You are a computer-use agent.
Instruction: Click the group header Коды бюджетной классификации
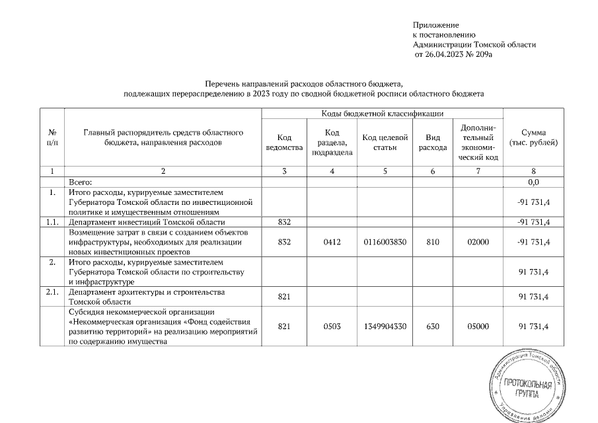(x=382, y=114)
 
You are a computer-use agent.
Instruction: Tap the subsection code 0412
(x=332, y=243)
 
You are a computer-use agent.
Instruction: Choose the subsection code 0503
(x=332, y=327)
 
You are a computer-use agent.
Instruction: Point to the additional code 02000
(x=478, y=243)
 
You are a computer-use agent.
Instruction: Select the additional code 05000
(x=478, y=327)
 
